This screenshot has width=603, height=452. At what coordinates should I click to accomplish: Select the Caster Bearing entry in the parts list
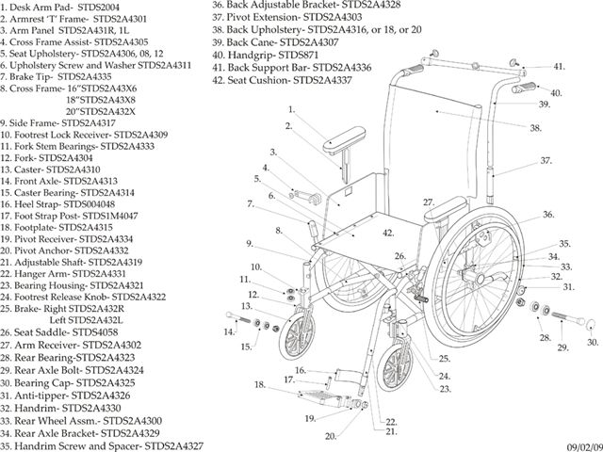click(72, 191)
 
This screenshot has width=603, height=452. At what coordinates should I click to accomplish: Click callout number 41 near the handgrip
click(560, 67)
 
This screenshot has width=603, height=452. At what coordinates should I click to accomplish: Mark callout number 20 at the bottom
click(331, 436)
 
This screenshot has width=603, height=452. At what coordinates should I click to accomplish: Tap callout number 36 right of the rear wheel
click(547, 215)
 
